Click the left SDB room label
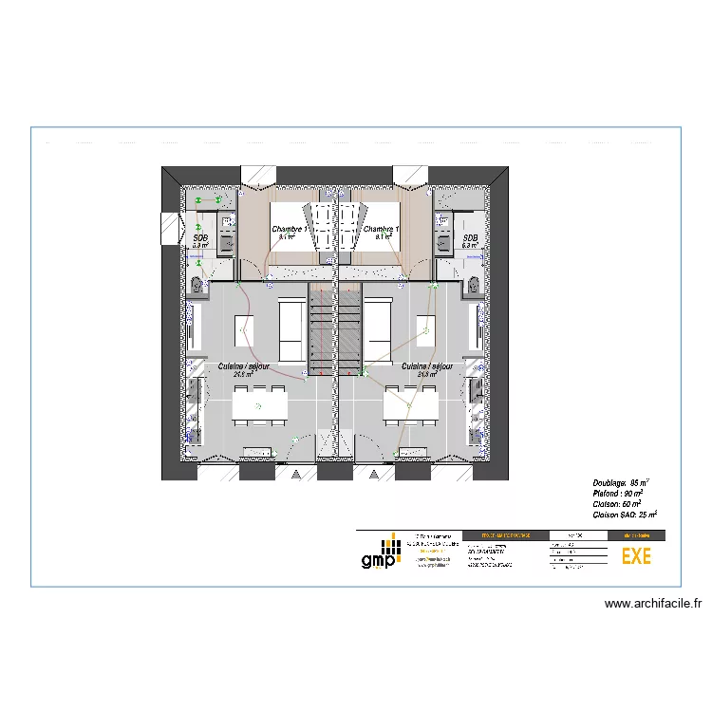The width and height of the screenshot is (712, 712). click(200, 238)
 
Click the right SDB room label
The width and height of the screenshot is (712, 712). click(470, 238)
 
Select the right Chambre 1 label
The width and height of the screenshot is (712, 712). click(381, 230)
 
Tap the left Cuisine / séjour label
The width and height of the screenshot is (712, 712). click(242, 365)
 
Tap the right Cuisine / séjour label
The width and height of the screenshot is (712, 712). click(426, 365)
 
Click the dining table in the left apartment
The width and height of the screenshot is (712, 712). click(260, 405)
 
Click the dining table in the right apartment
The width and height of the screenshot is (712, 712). click(410, 405)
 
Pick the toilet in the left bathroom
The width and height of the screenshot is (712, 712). click(197, 284)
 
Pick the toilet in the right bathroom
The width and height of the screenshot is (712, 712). click(473, 284)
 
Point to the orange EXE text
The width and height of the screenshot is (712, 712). click(636, 557)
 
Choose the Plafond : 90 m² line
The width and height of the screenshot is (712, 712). click(618, 494)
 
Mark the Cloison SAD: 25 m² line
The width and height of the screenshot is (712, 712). click(625, 515)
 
